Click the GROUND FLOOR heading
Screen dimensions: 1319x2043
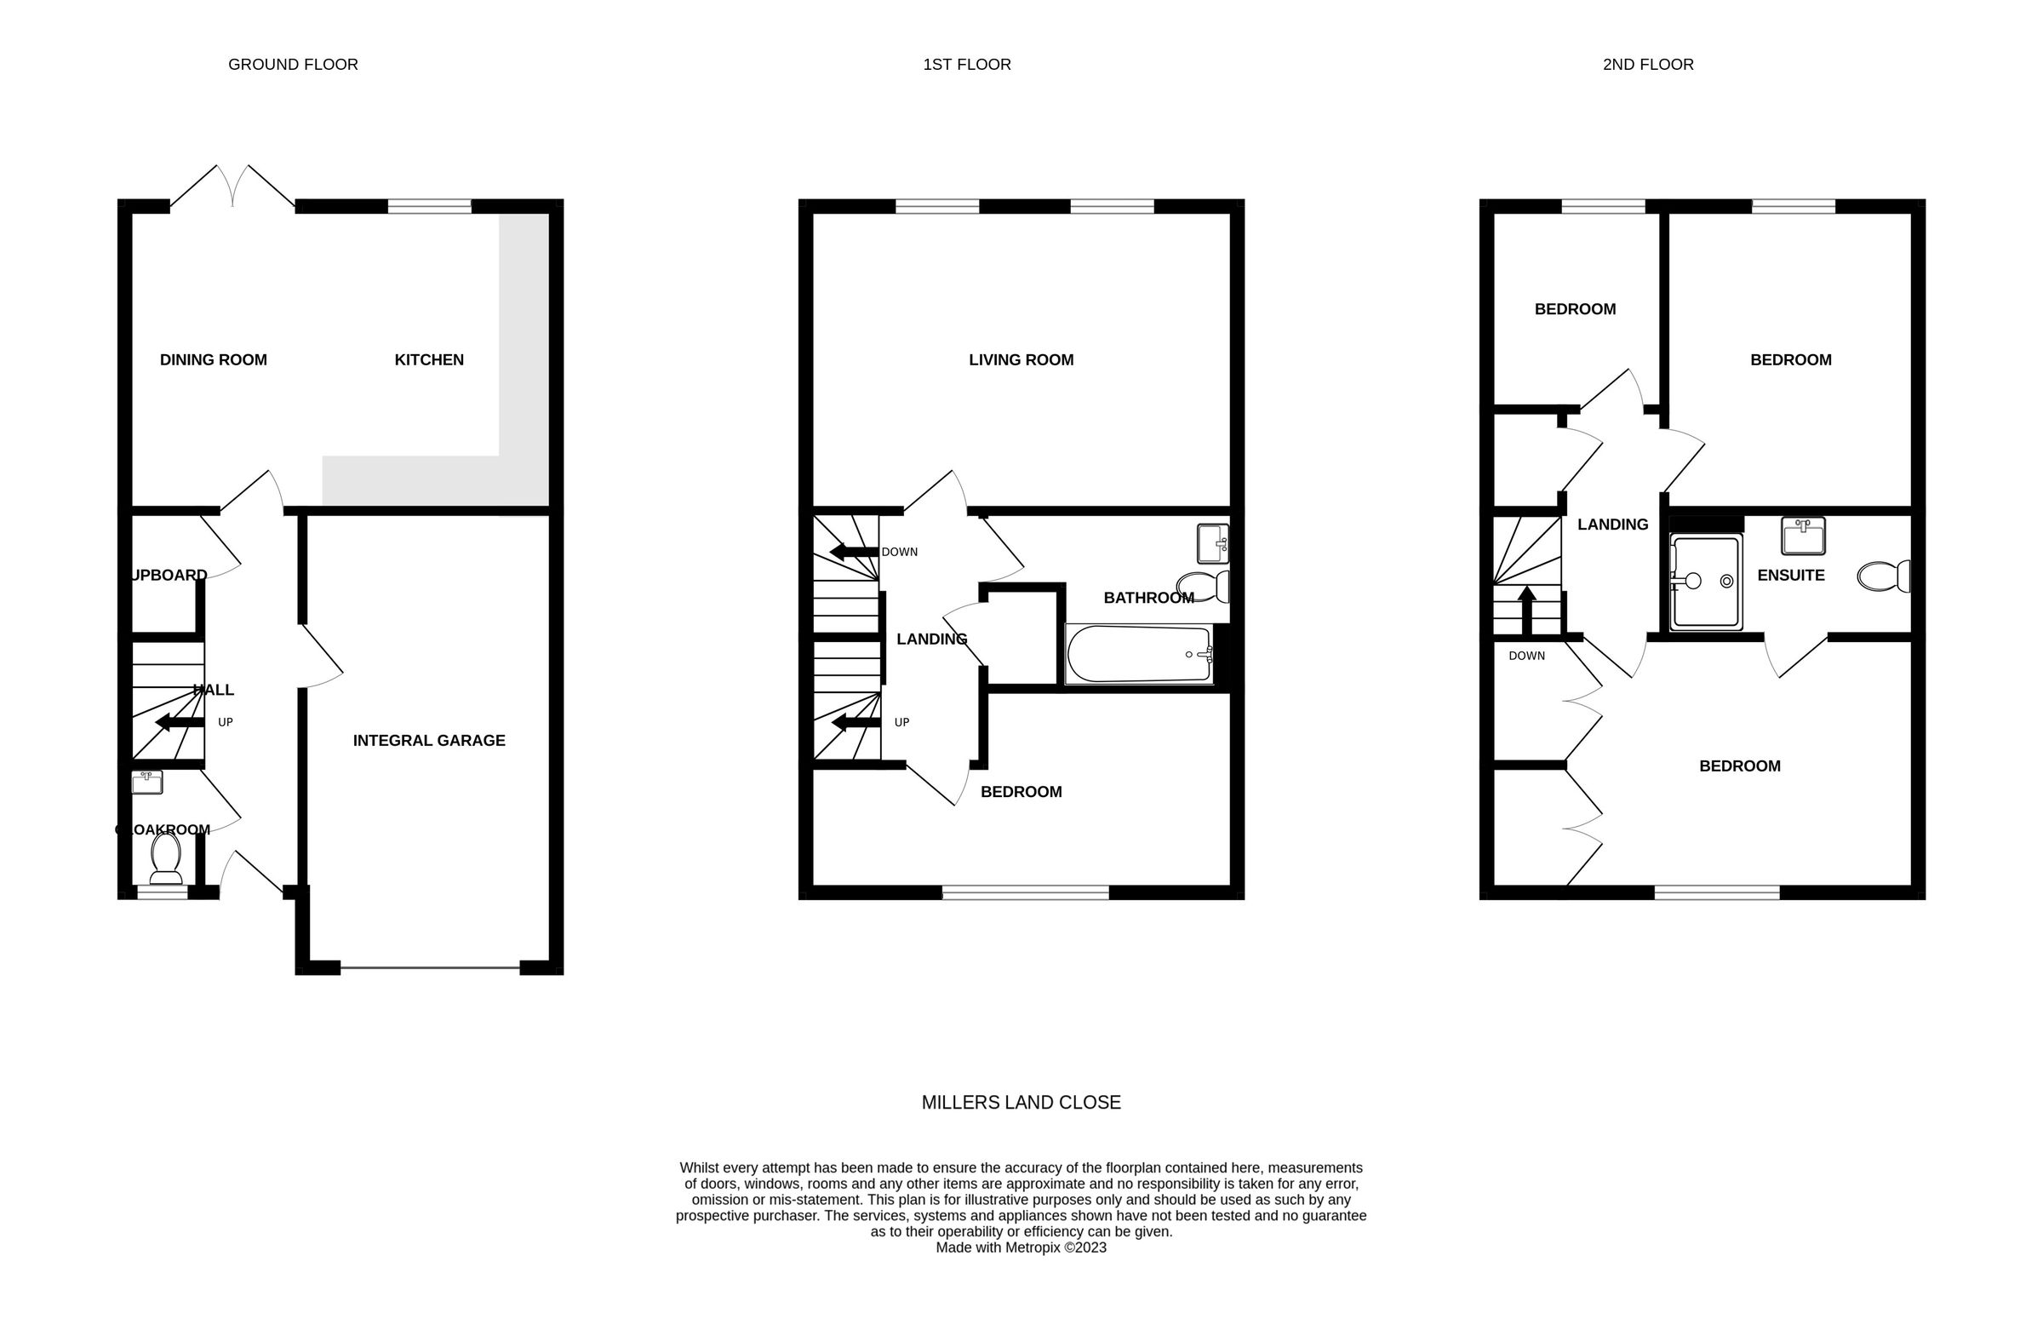pyautogui.click(x=293, y=64)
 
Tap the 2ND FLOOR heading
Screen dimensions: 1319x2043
pyautogui.click(x=1647, y=64)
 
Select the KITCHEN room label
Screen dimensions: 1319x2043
pyautogui.click(x=429, y=359)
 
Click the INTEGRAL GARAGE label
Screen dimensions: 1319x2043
pyautogui.click(x=429, y=740)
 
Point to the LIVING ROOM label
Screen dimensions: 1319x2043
pyautogui.click(x=1021, y=359)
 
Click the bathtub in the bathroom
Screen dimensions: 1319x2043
pyautogui.click(x=1139, y=654)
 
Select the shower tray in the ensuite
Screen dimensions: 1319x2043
pyautogui.click(x=1706, y=582)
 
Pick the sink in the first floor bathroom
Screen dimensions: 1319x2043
pyautogui.click(x=1212, y=543)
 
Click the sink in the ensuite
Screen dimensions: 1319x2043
pyautogui.click(x=1802, y=536)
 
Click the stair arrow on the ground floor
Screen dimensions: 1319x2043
pyautogui.click(x=179, y=723)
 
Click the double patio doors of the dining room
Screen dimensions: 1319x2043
pyautogui.click(x=233, y=186)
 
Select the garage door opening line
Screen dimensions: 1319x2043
pyautogui.click(x=429, y=969)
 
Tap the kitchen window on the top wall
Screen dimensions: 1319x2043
pyautogui.click(x=429, y=206)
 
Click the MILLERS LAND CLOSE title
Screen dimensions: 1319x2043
pyautogui.click(x=1021, y=1103)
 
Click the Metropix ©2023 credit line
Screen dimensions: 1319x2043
pyautogui.click(x=1021, y=1248)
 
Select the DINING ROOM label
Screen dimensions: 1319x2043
pyautogui.click(x=213, y=359)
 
